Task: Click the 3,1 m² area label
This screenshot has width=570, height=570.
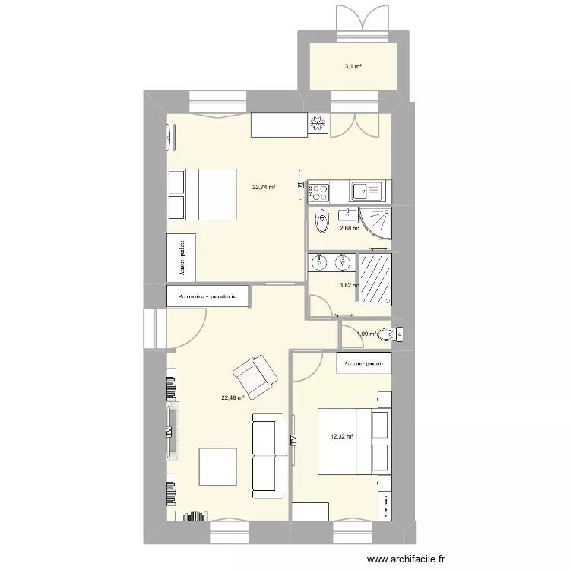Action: pos(353,67)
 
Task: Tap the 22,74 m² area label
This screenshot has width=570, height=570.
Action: pos(264,187)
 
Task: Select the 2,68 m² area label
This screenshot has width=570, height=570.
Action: pos(350,228)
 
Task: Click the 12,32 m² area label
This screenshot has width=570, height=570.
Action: pos(341,436)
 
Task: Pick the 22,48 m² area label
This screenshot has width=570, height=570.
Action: pos(233,397)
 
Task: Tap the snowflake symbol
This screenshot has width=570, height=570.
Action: pos(318,123)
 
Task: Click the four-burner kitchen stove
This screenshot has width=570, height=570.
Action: pos(318,190)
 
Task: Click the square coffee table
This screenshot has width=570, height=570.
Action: pos(219,467)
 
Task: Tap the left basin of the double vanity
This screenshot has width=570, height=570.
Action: pos(320,263)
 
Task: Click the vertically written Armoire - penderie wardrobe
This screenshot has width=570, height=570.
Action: pos(182,256)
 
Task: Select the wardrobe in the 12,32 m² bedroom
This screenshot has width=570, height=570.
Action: pos(364,363)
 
